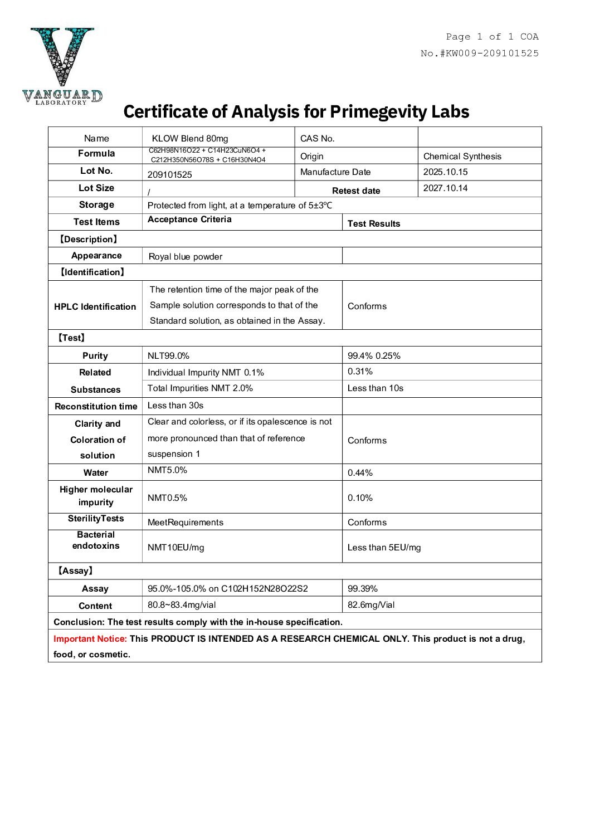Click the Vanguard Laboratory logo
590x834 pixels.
point(62,65)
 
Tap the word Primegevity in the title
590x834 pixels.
point(378,111)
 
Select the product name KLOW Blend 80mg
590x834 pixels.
point(189,139)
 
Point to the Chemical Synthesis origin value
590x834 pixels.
point(462,157)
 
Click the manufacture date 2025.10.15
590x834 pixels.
point(445,172)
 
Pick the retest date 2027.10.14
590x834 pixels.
point(445,188)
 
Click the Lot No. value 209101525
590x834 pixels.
point(169,174)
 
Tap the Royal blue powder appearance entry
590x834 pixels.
point(185,257)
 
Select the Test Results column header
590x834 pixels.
point(373,223)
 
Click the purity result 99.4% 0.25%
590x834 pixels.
point(374,356)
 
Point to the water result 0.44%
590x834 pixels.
point(360,473)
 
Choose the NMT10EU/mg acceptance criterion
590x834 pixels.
point(175,548)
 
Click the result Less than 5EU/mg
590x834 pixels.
point(384,548)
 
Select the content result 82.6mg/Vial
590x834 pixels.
point(370,605)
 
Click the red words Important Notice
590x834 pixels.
point(90,639)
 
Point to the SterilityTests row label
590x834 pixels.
point(96,519)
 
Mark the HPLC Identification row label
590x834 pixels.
point(95,306)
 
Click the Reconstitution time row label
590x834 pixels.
point(96,406)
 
